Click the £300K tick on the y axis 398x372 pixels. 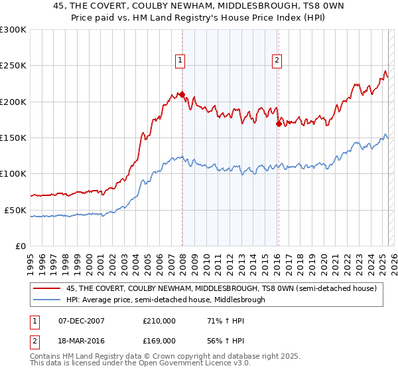coord(13,30)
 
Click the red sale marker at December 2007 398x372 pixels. coord(182,94)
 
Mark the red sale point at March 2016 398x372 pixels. coord(279,124)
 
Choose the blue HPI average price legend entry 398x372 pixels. coord(166,300)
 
